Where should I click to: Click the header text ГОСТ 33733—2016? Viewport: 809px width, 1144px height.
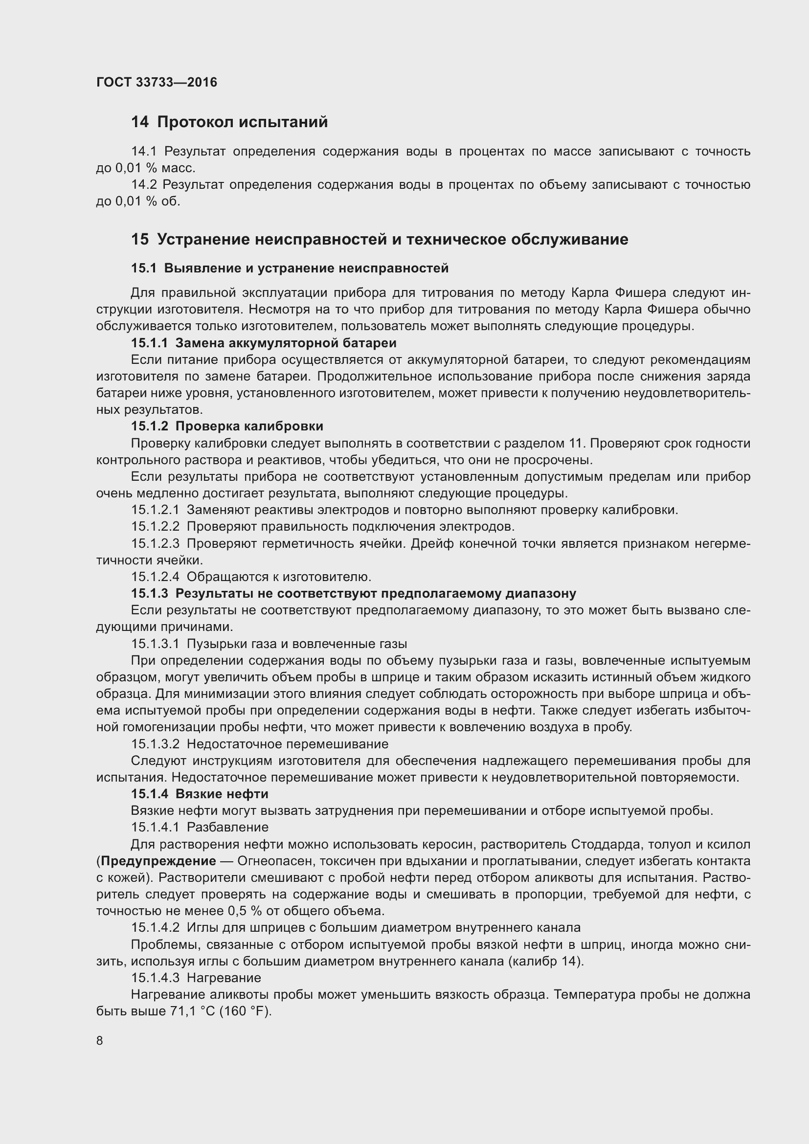[157, 82]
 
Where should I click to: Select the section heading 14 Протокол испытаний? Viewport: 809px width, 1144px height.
[229, 122]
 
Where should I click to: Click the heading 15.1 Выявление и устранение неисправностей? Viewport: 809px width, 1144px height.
[290, 268]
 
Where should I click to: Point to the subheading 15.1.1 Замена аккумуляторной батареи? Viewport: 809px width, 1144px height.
[264, 343]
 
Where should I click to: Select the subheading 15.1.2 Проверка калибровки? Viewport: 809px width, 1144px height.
[226, 426]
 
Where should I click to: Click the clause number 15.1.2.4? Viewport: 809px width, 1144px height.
[155, 577]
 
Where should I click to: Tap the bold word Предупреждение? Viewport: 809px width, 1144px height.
[158, 861]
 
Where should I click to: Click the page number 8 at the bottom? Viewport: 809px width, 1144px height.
[100, 1040]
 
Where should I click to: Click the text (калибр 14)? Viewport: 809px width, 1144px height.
[545, 961]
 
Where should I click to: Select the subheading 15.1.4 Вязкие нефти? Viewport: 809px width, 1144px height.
[199, 794]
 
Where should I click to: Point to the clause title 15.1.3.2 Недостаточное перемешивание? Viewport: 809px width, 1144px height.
[259, 744]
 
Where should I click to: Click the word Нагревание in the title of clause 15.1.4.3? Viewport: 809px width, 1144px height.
[224, 978]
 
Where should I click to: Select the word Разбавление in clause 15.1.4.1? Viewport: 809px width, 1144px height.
[227, 827]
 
